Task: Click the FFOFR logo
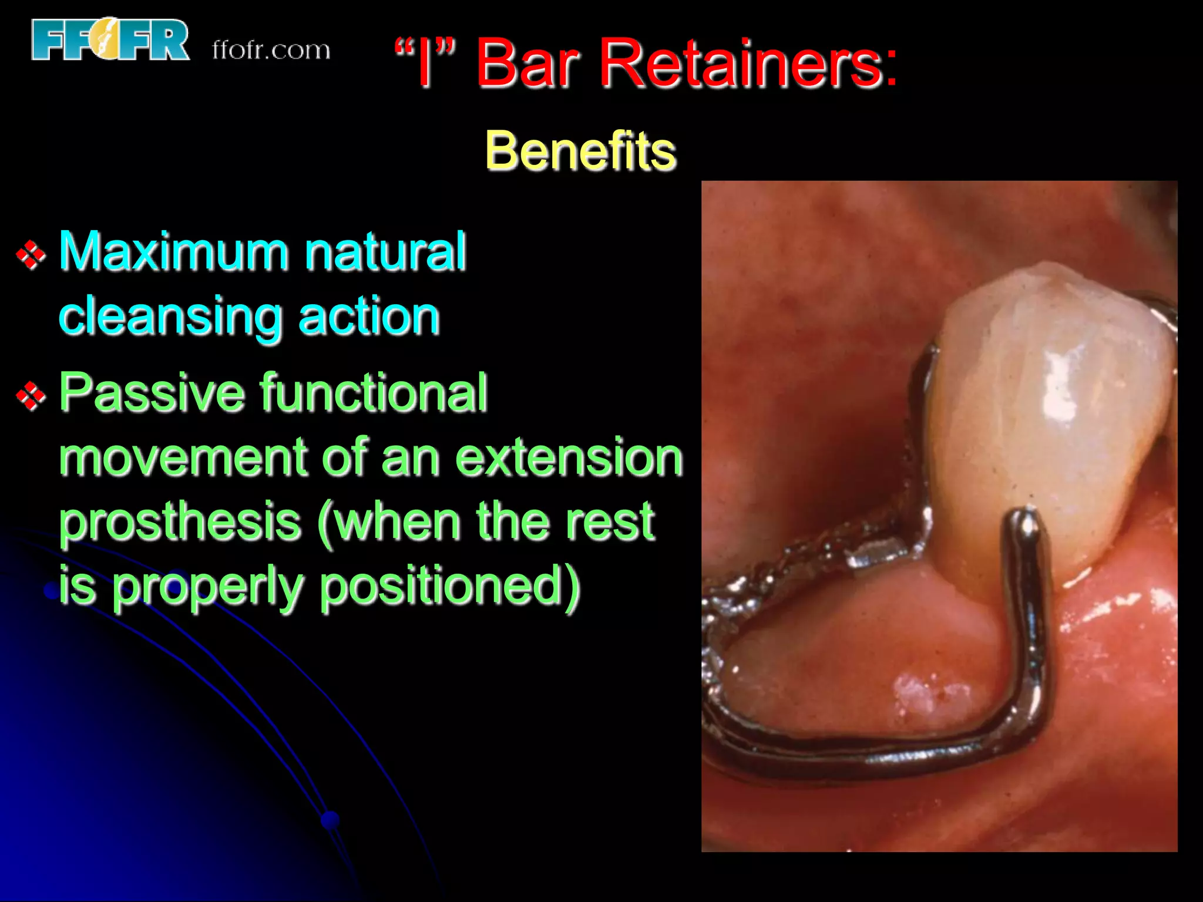[110, 39]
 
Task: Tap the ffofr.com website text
[271, 51]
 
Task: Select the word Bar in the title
[528, 63]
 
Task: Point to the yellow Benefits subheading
[580, 151]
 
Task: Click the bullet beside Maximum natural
[31, 255]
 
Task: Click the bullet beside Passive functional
[31, 396]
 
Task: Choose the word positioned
[450, 587]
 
